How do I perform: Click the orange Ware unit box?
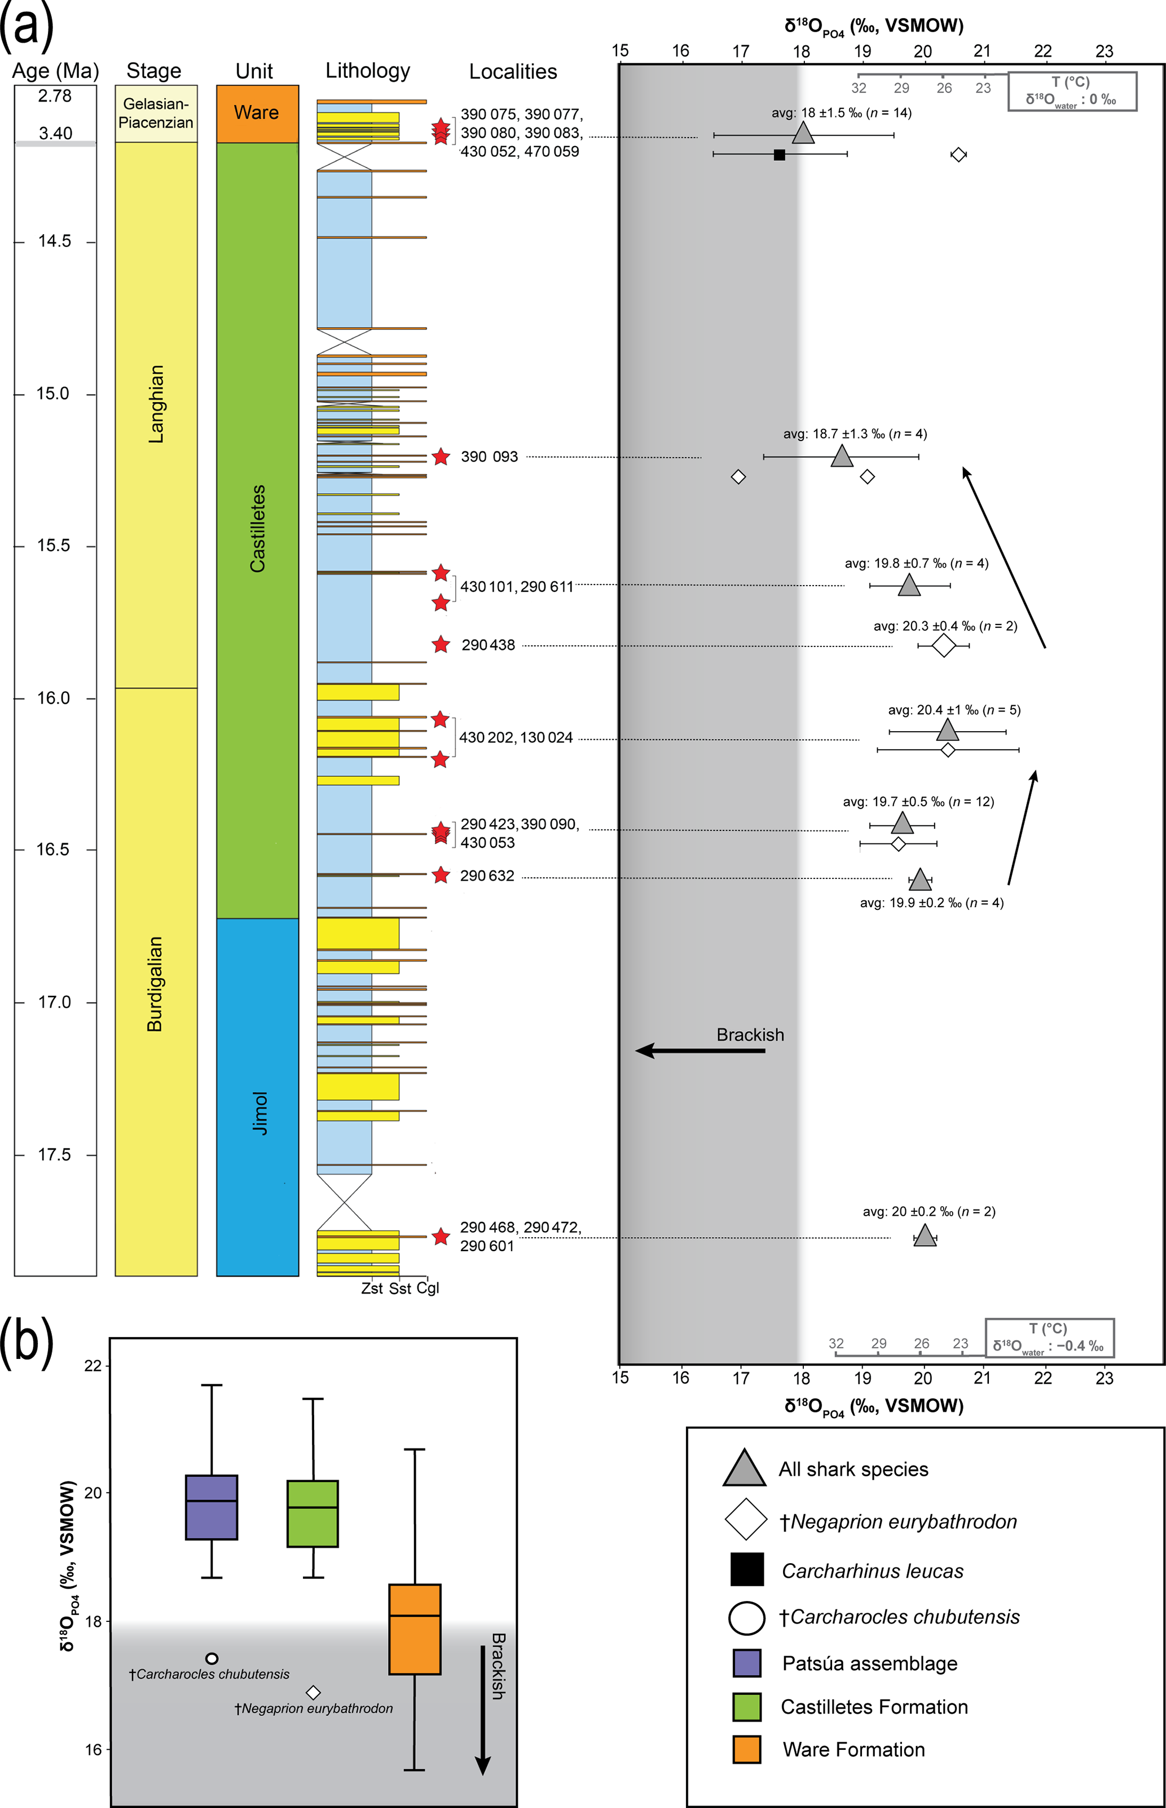[x=257, y=113]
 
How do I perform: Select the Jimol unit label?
[x=259, y=1112]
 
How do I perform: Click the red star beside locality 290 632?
[x=441, y=875]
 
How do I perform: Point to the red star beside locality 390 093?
[x=441, y=456]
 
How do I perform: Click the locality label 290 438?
[x=487, y=645]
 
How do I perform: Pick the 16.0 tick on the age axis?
[x=53, y=698]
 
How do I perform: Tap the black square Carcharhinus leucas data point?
[x=779, y=155]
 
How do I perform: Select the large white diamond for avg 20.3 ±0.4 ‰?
[x=943, y=646]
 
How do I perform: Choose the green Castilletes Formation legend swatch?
[x=746, y=1707]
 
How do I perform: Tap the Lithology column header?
[x=367, y=71]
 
